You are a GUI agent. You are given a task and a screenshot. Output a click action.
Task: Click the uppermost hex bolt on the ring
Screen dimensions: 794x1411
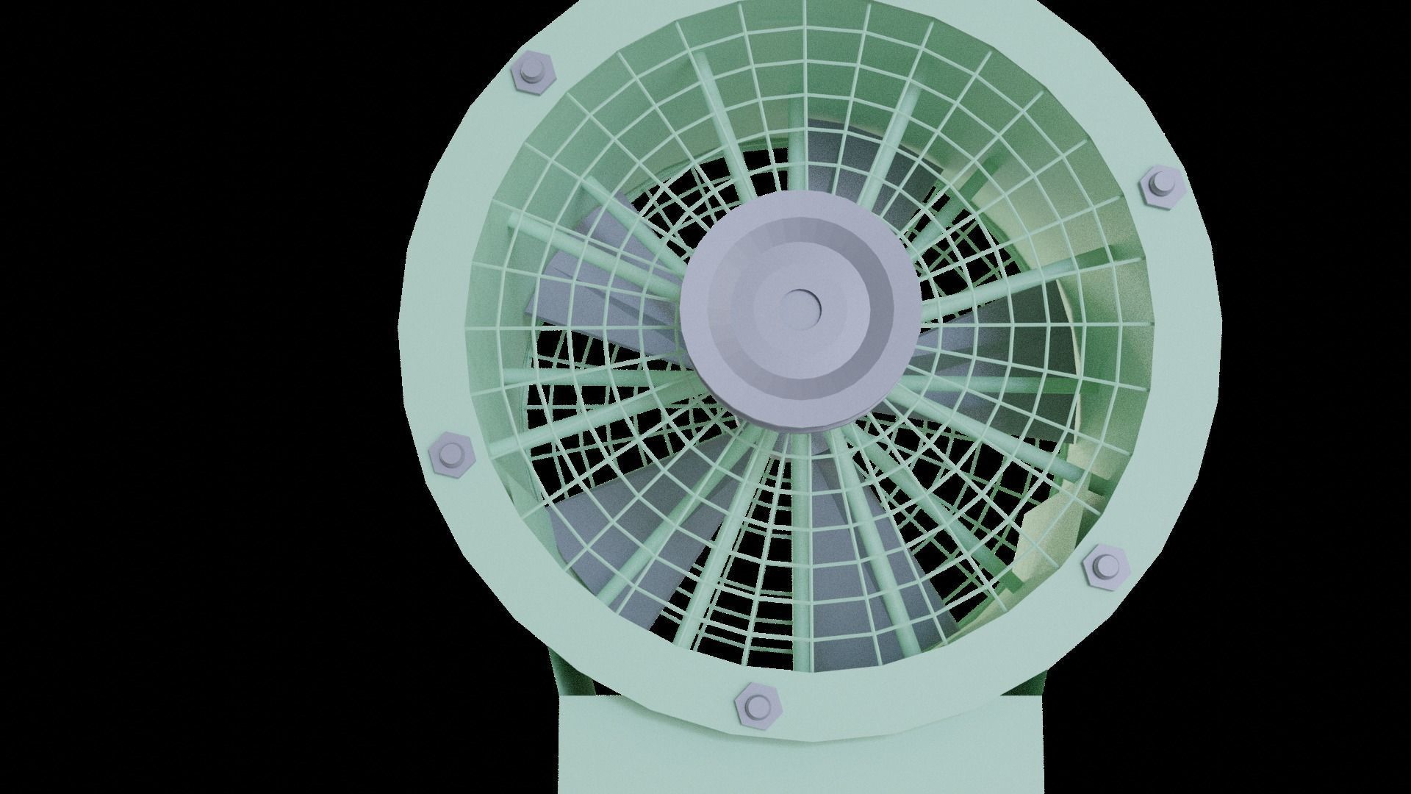point(531,74)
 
